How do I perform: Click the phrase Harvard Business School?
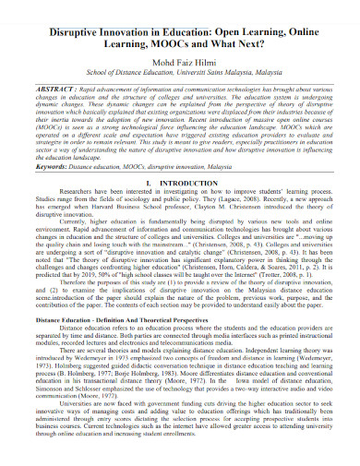131,209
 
